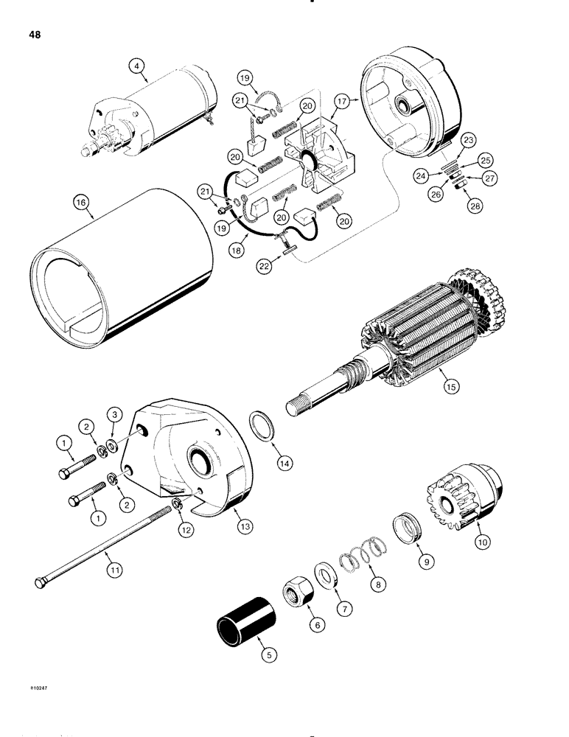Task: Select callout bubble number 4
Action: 136,66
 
